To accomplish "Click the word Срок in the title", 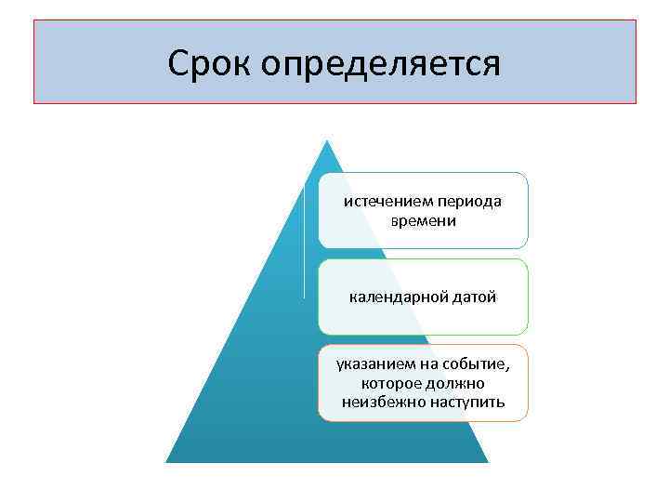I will point(211,63).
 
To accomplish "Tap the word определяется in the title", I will point(381,64).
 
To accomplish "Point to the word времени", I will point(424,222).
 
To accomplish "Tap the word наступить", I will point(467,402).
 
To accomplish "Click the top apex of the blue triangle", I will point(326,142).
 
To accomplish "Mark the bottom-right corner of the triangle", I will point(487,461).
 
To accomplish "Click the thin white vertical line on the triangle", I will point(304,242).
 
